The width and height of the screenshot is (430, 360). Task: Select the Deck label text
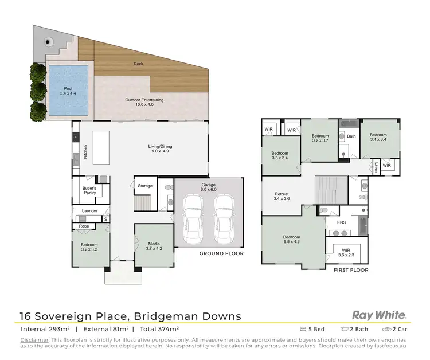[x=138, y=64]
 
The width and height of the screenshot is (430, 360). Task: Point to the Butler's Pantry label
[x=89, y=191]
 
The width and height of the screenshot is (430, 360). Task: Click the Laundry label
[x=89, y=211]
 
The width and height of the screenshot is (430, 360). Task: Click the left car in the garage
[x=194, y=220]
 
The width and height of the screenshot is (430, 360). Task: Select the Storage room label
[x=145, y=186]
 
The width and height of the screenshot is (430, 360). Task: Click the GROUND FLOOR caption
[x=221, y=253]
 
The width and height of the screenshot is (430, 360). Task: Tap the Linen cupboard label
[x=376, y=167]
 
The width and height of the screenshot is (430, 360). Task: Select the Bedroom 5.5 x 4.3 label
[x=292, y=240]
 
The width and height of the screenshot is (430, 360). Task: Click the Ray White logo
[x=379, y=315]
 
